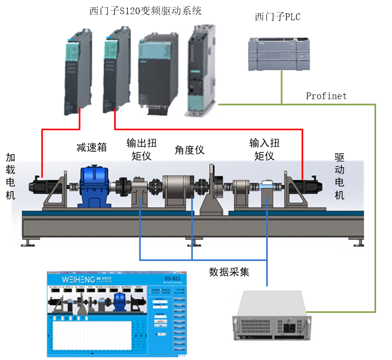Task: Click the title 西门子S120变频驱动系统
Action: pos(145,11)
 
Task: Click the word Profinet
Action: pos(326,96)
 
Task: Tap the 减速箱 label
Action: pos(92,147)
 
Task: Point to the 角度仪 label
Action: pos(189,150)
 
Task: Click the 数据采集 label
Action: pos(229,272)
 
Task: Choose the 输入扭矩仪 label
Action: pos(264,149)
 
